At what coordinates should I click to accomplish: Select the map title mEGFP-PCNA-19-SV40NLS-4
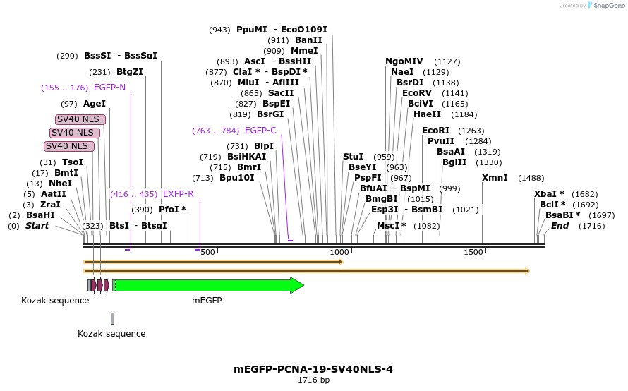[313, 369]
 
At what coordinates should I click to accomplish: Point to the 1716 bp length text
[313, 380]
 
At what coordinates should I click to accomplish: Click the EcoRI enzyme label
[435, 131]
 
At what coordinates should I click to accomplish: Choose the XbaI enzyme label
[549, 194]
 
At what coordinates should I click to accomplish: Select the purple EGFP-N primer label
[109, 88]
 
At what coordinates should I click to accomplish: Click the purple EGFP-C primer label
[260, 131]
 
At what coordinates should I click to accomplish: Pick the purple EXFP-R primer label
[178, 194]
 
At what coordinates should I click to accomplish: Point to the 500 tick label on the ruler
[207, 253]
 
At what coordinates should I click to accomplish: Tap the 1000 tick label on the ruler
[339, 253]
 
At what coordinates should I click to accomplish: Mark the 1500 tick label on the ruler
[473, 253]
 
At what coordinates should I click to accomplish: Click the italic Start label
[37, 226]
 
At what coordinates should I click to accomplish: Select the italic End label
[560, 226]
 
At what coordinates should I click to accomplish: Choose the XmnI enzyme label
[495, 178]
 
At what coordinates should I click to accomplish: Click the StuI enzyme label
[353, 157]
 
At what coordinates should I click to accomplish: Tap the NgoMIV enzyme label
[404, 61]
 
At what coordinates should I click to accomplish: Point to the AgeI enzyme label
[95, 104]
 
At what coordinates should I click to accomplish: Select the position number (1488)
[531, 178]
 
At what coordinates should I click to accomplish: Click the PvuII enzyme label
[441, 141]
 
